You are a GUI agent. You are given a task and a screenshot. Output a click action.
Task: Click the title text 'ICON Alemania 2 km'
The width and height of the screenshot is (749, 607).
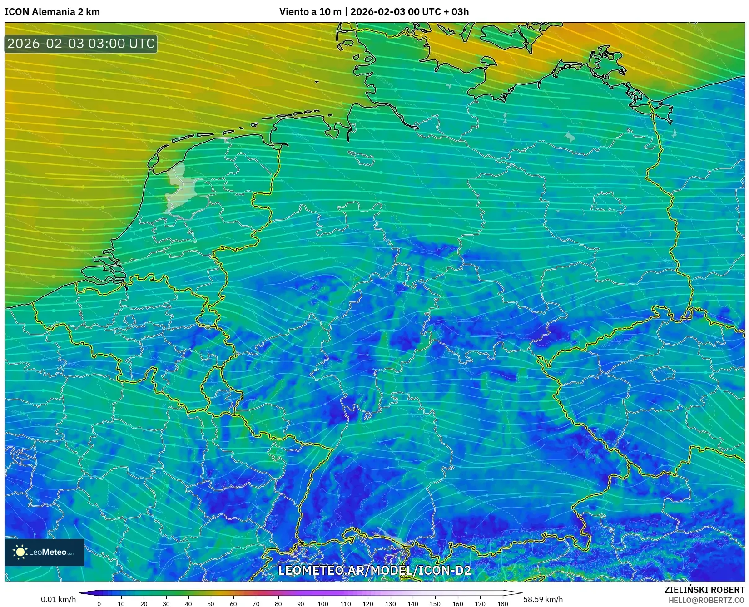(x=52, y=12)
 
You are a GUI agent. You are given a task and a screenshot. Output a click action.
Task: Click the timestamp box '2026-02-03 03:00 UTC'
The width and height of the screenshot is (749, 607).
(x=81, y=44)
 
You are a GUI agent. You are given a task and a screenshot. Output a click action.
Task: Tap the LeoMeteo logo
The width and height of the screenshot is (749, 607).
(x=45, y=552)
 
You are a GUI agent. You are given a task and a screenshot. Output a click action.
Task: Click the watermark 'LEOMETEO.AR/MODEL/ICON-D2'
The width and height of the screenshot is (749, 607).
(x=374, y=570)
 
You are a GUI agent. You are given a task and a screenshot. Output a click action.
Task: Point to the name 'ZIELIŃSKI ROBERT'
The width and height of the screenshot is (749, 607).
(x=704, y=590)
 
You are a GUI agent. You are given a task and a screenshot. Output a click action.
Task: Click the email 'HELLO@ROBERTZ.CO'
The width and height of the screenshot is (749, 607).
(x=706, y=600)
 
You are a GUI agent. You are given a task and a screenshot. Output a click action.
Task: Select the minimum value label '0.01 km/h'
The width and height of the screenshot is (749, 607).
(x=59, y=599)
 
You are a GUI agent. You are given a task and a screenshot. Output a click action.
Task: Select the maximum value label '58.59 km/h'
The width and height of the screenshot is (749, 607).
(x=543, y=599)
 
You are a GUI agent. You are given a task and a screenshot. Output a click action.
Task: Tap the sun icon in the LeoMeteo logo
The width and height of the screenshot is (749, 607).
(x=20, y=552)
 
